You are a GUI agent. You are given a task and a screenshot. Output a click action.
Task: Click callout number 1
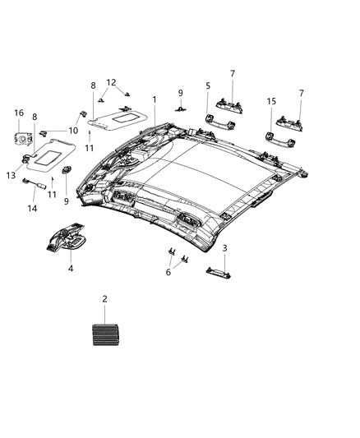(x=154, y=99)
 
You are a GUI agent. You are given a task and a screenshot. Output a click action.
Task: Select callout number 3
(x=225, y=247)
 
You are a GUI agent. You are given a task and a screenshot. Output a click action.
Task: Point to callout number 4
(x=71, y=268)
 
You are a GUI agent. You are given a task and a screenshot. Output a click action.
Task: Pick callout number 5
(x=208, y=85)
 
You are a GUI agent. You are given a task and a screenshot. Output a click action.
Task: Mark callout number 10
(x=72, y=131)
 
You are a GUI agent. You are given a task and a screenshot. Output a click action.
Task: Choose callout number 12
(x=112, y=82)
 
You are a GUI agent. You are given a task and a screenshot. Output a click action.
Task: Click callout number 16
(x=19, y=113)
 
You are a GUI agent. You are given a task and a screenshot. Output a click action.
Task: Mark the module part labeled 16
(x=22, y=134)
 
